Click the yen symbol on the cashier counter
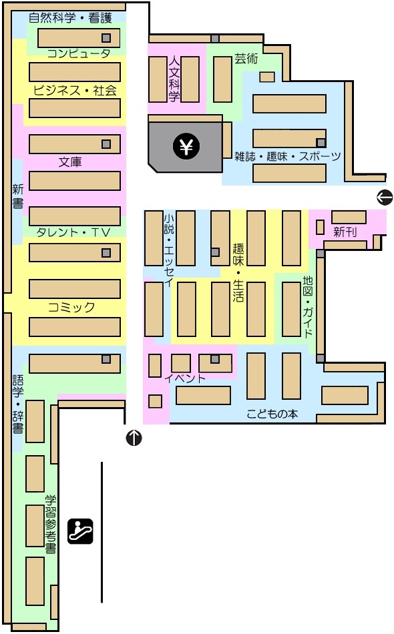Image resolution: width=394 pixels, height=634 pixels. [x=186, y=145]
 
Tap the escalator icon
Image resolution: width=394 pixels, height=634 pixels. [x=80, y=531]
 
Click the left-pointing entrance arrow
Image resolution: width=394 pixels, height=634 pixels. [x=385, y=197]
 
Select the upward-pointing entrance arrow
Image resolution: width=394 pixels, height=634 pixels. [x=134, y=438]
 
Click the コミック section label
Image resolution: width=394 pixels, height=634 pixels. [x=71, y=307]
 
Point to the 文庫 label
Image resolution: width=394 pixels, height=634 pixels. [x=70, y=162]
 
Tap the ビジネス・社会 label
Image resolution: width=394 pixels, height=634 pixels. [x=75, y=90]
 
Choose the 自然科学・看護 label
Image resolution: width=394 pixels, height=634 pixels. [x=70, y=18]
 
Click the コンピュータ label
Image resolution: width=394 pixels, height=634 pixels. [x=79, y=53]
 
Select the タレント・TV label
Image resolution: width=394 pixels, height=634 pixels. [x=73, y=232]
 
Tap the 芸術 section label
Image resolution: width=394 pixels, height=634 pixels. [x=246, y=59]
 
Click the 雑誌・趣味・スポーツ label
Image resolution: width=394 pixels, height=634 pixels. [x=288, y=156]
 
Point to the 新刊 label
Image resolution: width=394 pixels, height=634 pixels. [x=345, y=232]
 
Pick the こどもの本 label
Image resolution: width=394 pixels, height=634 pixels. [x=272, y=414]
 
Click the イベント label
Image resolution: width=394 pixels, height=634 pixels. [x=185, y=378]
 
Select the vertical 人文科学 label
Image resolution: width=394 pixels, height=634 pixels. [x=174, y=79]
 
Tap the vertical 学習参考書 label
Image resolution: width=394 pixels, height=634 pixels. [x=51, y=525]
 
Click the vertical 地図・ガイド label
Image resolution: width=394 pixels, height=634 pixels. [x=308, y=306]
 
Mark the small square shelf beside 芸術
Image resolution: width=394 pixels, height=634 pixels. [x=267, y=77]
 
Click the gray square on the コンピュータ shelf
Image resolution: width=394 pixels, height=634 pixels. [x=106, y=38]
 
